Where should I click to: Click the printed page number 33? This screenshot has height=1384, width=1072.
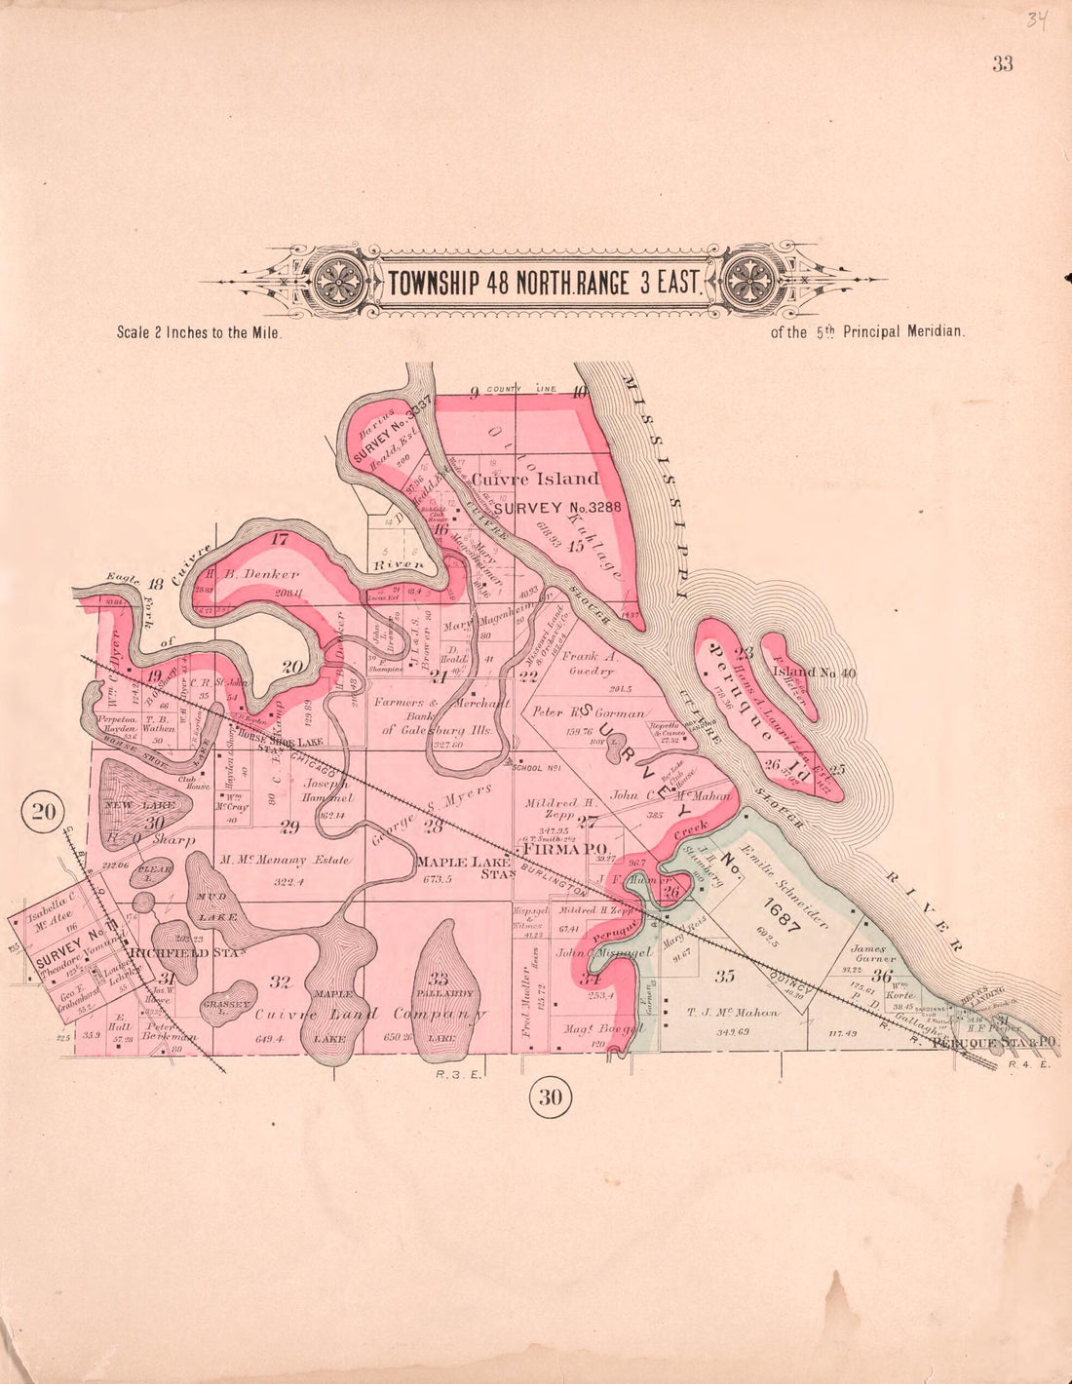click(1003, 64)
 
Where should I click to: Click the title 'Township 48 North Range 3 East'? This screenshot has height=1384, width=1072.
click(544, 283)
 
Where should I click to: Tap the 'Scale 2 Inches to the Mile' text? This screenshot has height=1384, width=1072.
click(199, 332)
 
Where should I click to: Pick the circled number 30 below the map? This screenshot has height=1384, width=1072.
click(551, 1097)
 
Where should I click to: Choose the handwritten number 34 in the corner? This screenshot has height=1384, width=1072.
click(1035, 19)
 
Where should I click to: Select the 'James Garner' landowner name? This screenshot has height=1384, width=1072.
click(867, 952)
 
